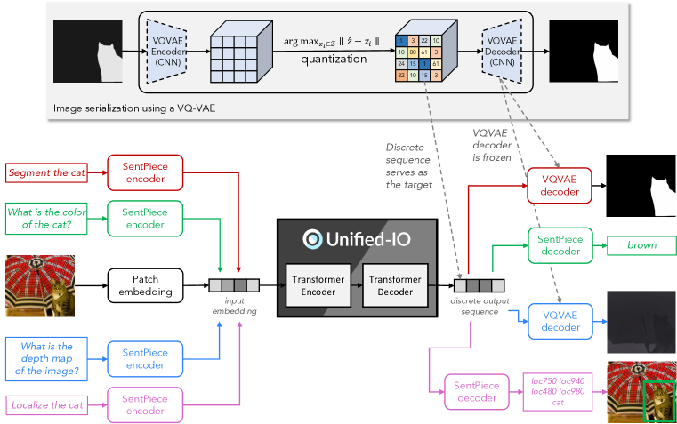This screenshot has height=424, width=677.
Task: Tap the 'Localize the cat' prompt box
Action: pyautogui.click(x=47, y=404)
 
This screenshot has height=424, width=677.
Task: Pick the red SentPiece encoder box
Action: pyautogui.click(x=144, y=172)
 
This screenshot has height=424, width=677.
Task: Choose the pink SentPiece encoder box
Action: pyautogui.click(x=144, y=404)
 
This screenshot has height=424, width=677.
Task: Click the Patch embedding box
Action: pyautogui.click(x=144, y=284)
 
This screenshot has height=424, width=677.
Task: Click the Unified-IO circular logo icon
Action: pyautogui.click(x=311, y=238)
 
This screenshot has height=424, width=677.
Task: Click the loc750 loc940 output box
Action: pyautogui.click(x=557, y=390)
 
